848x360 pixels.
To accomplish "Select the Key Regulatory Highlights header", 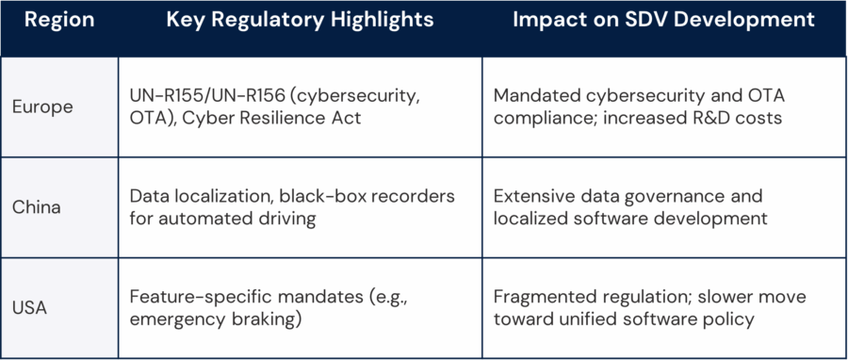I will tap(300, 20).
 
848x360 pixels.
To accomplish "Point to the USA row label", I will tap(30, 306).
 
